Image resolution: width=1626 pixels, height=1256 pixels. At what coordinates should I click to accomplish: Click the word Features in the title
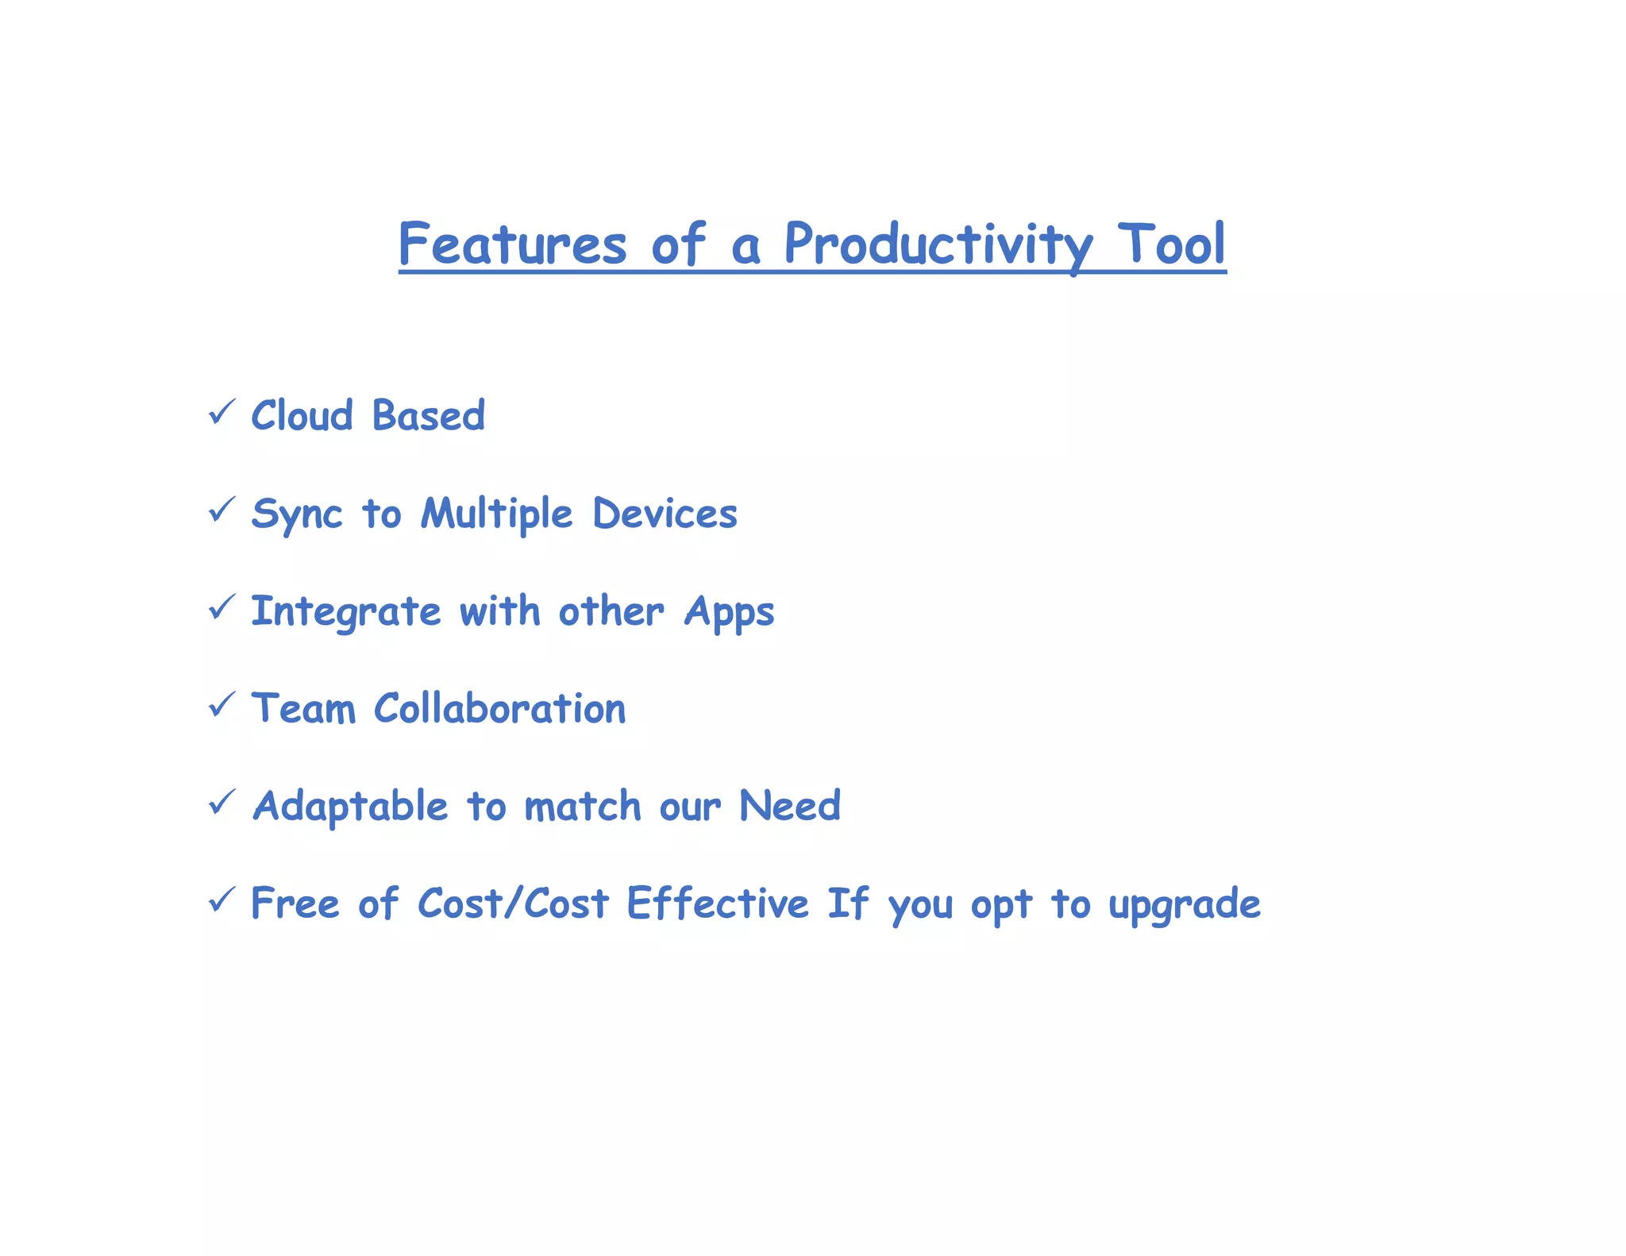(x=512, y=244)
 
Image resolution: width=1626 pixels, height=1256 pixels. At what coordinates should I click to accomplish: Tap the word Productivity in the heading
(x=938, y=244)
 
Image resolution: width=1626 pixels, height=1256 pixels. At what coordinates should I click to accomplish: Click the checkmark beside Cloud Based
(x=222, y=412)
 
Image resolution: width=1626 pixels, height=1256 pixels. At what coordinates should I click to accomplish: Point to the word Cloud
(x=302, y=415)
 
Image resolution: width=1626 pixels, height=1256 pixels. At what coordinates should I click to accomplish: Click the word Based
(x=428, y=415)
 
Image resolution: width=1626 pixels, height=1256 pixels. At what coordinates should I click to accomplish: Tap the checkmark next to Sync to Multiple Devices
(x=222, y=510)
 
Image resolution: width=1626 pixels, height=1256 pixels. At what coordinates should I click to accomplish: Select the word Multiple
(x=496, y=514)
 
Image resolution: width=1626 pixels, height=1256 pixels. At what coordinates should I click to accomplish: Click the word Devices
(x=665, y=514)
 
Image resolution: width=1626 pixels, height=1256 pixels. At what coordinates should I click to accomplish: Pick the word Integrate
(x=345, y=611)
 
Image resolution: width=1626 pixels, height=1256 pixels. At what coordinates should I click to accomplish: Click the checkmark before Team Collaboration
(x=222, y=704)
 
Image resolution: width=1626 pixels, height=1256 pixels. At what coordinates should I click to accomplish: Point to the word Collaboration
(x=499, y=708)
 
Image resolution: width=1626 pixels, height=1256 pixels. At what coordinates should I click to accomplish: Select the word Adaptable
(x=350, y=807)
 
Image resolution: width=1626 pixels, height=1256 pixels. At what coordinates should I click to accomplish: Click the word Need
(x=789, y=806)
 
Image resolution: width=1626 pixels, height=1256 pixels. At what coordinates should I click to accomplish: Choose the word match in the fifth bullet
(x=582, y=807)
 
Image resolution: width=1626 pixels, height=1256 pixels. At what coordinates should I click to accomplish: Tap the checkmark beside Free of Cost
(x=222, y=900)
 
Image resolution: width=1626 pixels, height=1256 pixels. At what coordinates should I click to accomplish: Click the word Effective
(x=717, y=903)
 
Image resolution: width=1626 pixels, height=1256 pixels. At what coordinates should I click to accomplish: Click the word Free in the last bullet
(x=295, y=903)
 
